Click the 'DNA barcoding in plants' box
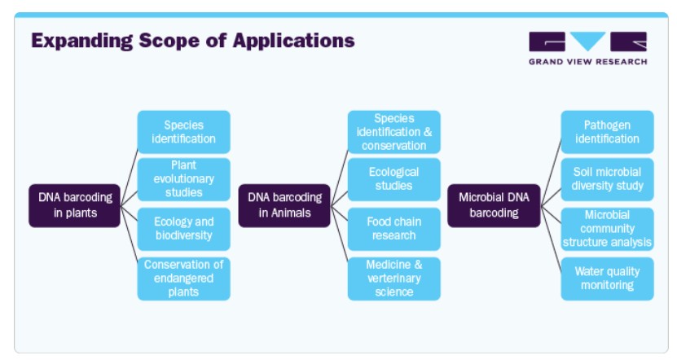[74, 205]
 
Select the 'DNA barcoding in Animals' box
[284, 205]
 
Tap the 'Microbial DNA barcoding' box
[494, 205]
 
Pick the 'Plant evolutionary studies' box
[183, 179]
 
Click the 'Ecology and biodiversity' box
[183, 229]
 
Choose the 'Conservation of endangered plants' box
[183, 279]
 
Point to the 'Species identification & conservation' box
[393, 132]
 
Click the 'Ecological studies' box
[393, 179]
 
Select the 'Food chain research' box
[393, 229]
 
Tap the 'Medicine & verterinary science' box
[393, 279]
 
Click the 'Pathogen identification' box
[607, 132]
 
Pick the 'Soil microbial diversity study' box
[607, 179]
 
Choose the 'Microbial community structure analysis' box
[607, 229]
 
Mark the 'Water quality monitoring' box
[607, 279]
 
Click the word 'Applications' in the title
[293, 42]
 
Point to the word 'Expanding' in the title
[82, 42]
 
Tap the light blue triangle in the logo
[587, 41]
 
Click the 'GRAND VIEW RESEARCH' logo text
[587, 62]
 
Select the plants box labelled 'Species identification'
[183, 132]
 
